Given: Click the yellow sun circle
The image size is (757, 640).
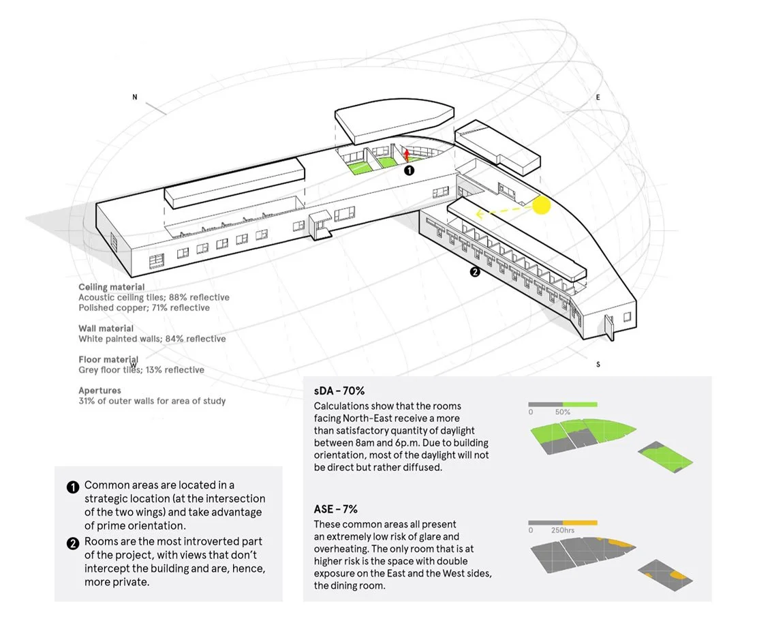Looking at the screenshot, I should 541,205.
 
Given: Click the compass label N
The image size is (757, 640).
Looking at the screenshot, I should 135,97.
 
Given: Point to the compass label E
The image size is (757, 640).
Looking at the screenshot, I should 598,97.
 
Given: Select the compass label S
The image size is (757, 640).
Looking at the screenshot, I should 598,365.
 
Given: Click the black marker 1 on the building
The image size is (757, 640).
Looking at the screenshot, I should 409,171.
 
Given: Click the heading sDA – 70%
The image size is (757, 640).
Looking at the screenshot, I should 339,391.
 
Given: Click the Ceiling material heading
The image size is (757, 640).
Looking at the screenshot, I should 111,288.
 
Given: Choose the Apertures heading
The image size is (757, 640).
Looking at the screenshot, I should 99,391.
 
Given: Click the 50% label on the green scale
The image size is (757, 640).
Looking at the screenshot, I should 563,412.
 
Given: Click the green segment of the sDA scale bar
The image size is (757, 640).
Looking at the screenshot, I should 580,404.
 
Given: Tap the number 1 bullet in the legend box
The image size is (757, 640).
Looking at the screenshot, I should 73,487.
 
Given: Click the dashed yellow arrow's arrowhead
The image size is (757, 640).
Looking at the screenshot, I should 480,215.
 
